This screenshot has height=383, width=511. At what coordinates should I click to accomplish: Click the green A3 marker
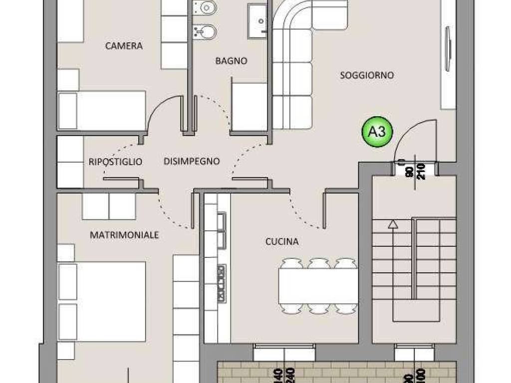(x=377, y=132)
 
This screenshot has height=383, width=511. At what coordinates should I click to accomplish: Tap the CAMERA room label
(x=124, y=46)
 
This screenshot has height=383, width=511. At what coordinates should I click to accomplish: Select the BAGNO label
(x=231, y=61)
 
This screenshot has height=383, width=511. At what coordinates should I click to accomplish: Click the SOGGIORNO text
(x=367, y=75)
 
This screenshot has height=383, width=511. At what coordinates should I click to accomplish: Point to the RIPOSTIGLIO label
(x=115, y=162)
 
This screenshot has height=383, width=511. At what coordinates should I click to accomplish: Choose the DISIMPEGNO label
(x=192, y=161)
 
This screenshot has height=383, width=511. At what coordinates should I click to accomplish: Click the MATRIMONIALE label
(x=124, y=234)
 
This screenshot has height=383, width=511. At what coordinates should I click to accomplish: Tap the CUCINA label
(x=282, y=241)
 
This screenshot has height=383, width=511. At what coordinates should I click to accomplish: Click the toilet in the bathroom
(x=205, y=8)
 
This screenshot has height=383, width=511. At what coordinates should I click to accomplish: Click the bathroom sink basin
(x=258, y=20)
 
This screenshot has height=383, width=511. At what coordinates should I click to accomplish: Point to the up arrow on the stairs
(x=393, y=225)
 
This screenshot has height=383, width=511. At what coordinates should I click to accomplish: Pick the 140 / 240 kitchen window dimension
(x=283, y=374)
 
